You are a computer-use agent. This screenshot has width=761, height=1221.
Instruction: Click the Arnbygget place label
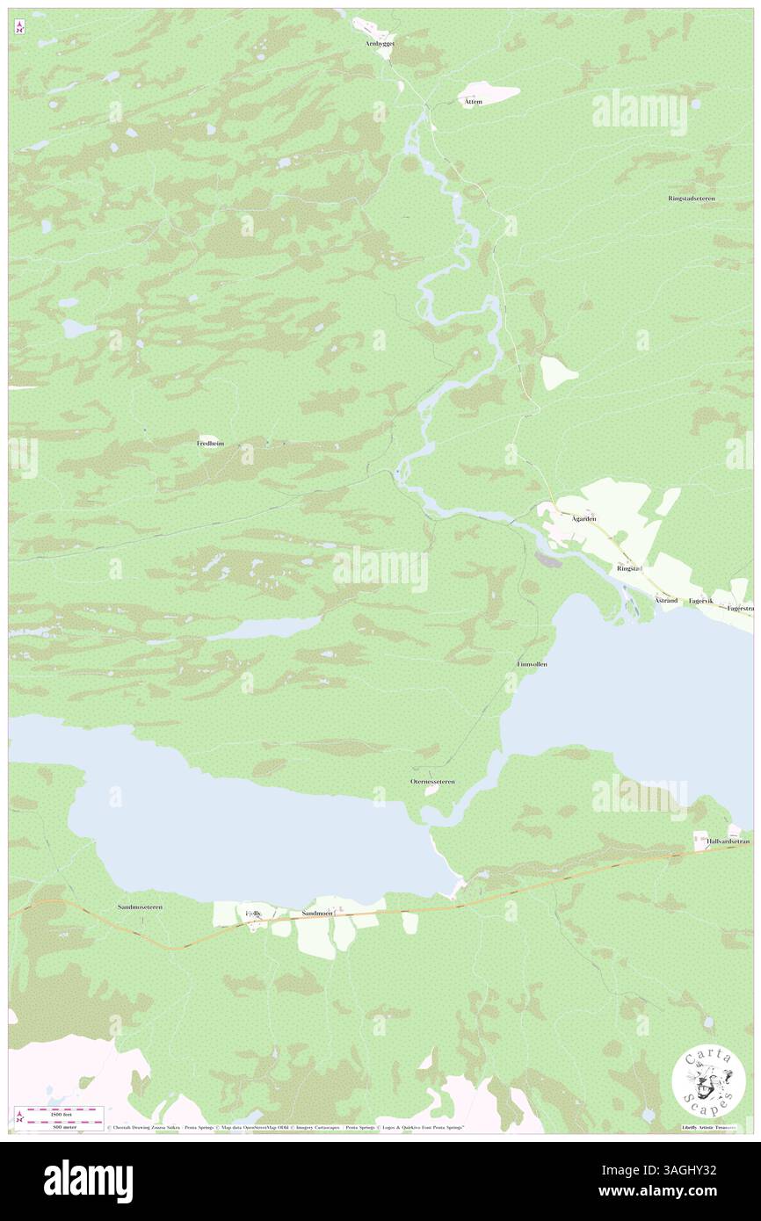(380, 43)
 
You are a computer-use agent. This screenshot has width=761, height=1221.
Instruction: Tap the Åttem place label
(473, 103)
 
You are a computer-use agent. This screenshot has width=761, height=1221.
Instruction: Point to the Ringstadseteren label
(691, 199)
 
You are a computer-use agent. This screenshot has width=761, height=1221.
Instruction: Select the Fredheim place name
(210, 444)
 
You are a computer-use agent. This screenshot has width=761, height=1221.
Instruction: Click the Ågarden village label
(584, 519)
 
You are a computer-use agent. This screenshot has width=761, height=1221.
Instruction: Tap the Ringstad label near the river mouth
(629, 568)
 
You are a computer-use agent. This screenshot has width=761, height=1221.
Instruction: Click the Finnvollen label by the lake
(532, 664)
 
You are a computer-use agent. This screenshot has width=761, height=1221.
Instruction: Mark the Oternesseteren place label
(432, 781)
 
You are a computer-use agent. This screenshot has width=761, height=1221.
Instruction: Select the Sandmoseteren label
(141, 906)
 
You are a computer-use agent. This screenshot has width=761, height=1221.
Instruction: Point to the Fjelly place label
(253, 914)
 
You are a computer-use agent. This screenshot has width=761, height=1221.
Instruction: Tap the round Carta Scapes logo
(708, 1080)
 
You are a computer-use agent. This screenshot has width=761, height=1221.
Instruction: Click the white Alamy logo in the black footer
(88, 1181)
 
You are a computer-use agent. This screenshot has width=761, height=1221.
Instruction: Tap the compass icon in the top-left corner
(19, 28)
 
